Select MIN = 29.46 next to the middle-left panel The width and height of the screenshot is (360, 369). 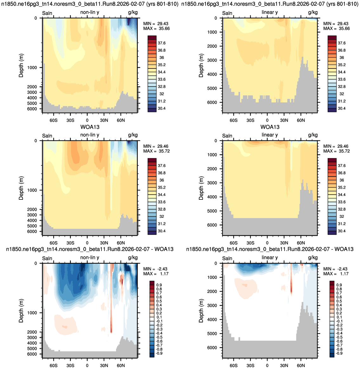pos(156,146)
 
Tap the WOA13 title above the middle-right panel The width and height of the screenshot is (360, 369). pos(270,127)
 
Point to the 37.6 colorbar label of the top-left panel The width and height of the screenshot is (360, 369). pos(162,43)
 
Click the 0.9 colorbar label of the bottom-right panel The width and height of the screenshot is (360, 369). pos(339,285)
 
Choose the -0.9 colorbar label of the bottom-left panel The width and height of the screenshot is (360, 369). pos(159,353)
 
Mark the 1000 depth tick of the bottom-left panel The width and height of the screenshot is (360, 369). pos(32,313)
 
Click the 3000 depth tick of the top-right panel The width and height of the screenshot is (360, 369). pos(212,60)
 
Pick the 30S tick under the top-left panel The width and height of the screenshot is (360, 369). pos(70,120)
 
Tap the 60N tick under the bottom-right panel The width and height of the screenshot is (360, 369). pos(301,366)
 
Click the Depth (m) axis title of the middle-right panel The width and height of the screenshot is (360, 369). pos(201,188)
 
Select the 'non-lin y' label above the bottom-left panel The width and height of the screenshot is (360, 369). pos(90,258)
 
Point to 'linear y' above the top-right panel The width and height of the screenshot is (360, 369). pos(270,12)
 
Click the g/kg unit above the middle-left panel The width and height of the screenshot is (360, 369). pos(133,135)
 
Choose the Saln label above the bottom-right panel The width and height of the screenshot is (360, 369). pos(227,258)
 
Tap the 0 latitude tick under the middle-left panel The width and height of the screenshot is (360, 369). pos(87,243)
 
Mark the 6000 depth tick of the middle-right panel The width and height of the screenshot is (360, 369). pos(212,225)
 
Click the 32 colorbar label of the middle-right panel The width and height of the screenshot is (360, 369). pos(342,217)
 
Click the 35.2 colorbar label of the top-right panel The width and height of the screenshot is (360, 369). pos(342,65)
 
